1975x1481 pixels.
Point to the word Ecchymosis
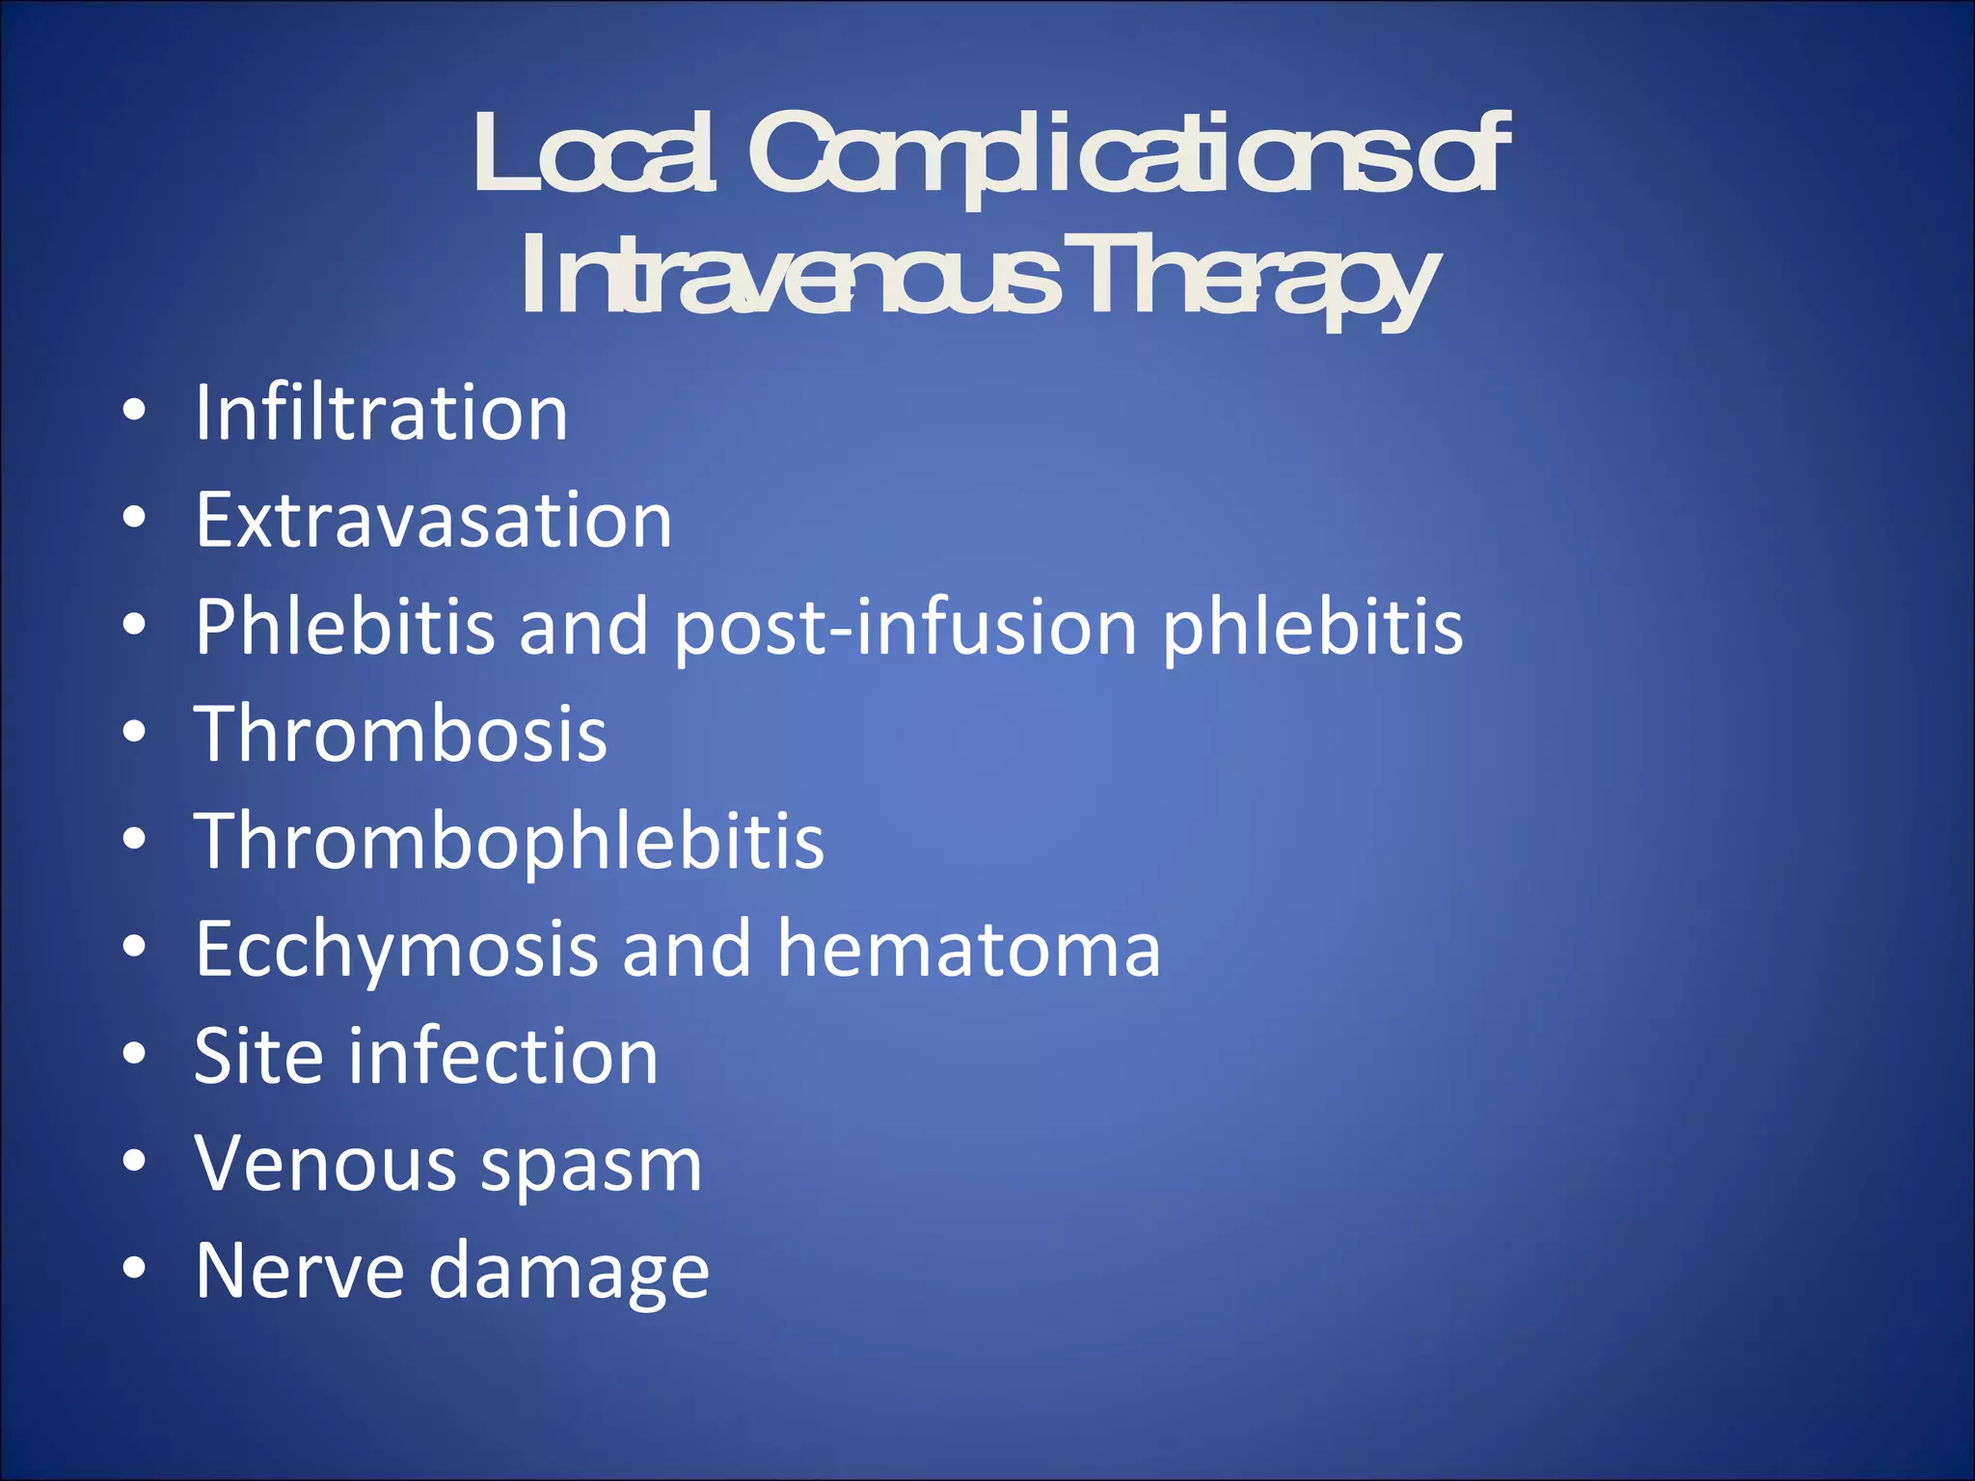396,951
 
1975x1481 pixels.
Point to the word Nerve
299,1271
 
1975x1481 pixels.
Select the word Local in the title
593,154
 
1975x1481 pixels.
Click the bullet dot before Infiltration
134,412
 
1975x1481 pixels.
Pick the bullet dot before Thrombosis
134,733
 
